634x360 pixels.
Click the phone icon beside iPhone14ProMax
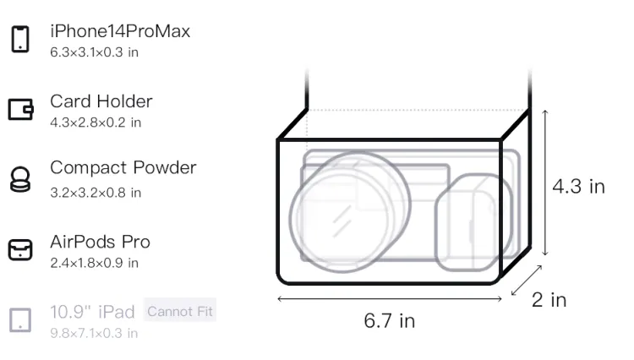pos(20,39)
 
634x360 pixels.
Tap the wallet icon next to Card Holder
pos(20,110)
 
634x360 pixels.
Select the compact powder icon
pos(20,179)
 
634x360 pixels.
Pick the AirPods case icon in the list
pos(20,249)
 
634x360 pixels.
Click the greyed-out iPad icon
pos(20,320)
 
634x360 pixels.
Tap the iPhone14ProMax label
pos(120,31)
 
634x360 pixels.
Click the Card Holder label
pos(101,101)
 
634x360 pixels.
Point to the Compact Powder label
pos(123,167)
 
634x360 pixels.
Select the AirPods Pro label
pos(100,242)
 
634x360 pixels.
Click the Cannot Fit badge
pos(180,311)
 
